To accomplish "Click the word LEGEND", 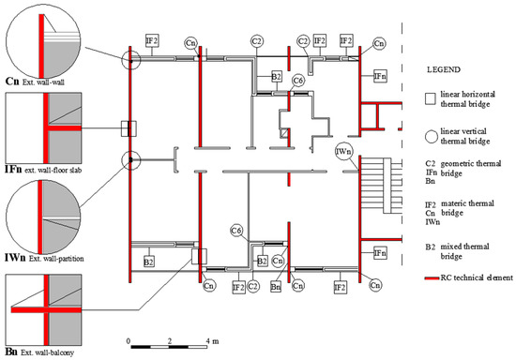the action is click(444, 69).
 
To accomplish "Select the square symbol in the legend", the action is click(430, 99).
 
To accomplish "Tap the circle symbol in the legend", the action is click(431, 136).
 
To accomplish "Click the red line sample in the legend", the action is click(432, 278).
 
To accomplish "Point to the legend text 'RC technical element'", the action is click(477, 277).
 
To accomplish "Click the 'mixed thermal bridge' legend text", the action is click(464, 251).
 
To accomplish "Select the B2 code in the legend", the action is click(430, 247).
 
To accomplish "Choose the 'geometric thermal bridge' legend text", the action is click(471, 168).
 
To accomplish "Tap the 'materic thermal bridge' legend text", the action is click(467, 208).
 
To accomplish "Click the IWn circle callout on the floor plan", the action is click(344, 152).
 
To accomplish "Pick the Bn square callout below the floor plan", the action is click(276, 287).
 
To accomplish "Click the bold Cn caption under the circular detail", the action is click(12, 81).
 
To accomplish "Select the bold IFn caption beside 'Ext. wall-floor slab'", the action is click(13, 169).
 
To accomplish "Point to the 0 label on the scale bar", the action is click(129, 341).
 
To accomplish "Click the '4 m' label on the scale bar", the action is click(212, 341).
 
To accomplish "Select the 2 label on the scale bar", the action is click(170, 341).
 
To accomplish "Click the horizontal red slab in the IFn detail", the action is click(65, 127).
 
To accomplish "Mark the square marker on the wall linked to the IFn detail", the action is click(129, 128).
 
